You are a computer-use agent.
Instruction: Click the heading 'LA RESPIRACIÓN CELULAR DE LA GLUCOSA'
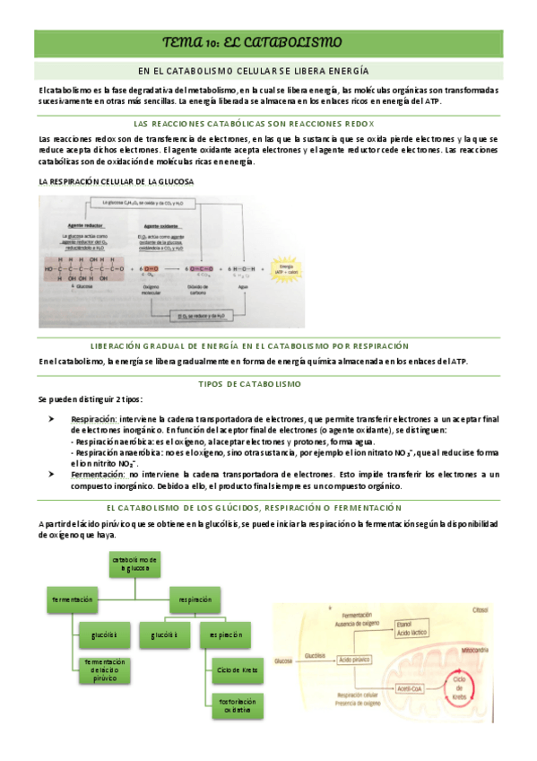point(117,181)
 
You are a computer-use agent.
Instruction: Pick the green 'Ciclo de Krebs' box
point(237,669)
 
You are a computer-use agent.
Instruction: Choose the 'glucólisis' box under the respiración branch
point(165,635)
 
